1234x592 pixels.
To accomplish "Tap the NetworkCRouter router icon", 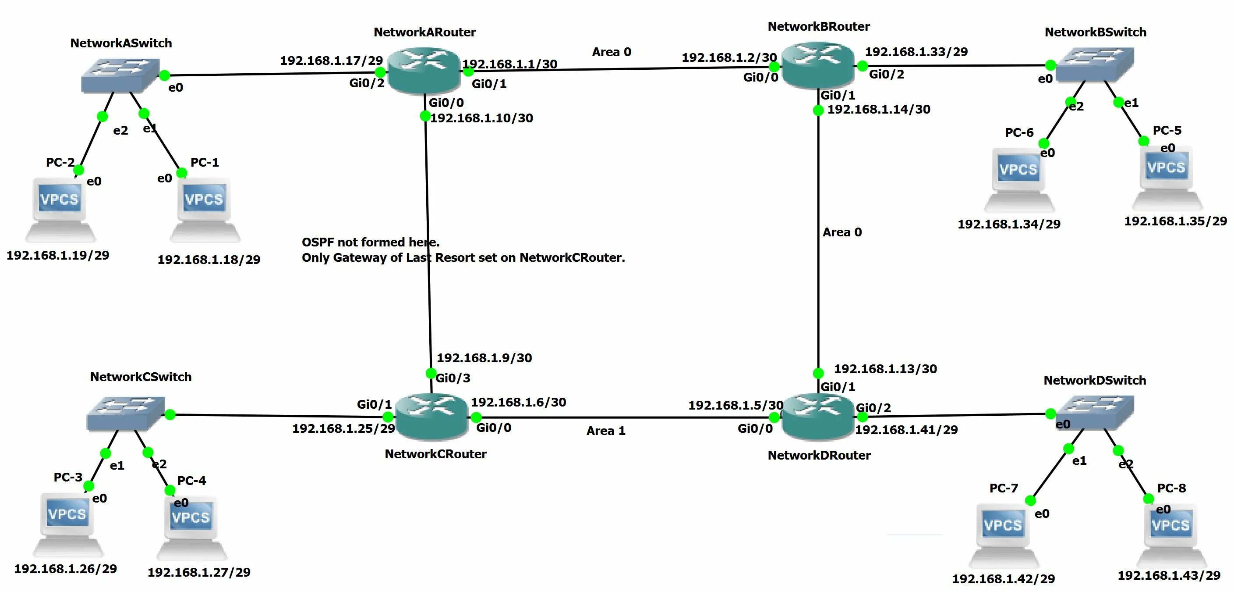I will (431, 417).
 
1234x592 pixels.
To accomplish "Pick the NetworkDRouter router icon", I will (818, 416).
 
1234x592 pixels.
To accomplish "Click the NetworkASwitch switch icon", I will (120, 75).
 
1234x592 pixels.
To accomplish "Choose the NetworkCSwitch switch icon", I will (126, 413).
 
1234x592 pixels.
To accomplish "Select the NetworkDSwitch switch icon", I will (1095, 413).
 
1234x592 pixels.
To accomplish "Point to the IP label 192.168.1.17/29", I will (331, 61).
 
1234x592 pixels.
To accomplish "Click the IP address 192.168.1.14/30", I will (879, 109).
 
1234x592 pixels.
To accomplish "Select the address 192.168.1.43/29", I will (1169, 575).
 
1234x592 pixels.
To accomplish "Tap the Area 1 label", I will (606, 431).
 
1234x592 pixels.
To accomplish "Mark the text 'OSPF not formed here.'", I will (370, 242).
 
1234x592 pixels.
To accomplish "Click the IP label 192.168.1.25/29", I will (343, 428).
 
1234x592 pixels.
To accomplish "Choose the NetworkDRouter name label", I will (819, 455).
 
